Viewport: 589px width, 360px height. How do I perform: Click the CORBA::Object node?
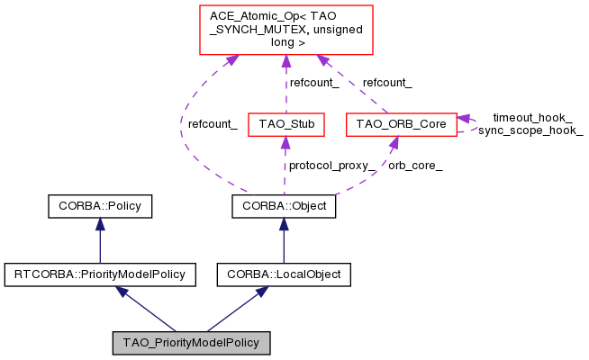[285, 206]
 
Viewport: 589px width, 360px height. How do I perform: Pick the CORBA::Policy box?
[100, 206]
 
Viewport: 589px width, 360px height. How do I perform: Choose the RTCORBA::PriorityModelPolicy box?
[100, 273]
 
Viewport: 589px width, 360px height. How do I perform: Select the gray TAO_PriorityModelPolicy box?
[191, 343]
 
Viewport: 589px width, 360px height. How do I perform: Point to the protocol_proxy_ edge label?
[331, 166]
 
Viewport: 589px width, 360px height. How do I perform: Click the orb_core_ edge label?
[415, 166]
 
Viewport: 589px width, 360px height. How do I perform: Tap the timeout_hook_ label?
[532, 118]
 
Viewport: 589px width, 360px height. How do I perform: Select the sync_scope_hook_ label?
[530, 130]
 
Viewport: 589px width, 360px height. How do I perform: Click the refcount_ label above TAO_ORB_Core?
[387, 83]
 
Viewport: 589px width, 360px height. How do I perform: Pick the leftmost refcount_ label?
[213, 124]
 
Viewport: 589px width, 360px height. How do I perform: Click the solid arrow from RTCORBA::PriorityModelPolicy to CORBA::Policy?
[100, 239]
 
